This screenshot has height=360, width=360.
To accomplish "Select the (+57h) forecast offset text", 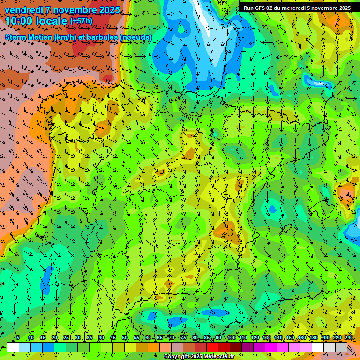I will (x=81, y=21).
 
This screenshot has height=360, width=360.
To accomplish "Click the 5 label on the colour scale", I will (x=18, y=338).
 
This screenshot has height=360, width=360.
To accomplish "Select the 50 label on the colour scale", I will (x=125, y=338).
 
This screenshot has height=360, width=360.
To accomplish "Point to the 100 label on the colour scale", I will (x=231, y=338).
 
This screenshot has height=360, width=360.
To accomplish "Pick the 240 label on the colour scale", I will (x=349, y=338).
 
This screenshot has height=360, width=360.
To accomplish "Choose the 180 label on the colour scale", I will (x=313, y=338).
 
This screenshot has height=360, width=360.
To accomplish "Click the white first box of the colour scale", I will (x=13, y=347).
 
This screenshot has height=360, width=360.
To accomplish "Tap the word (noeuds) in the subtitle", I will (x=135, y=37).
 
